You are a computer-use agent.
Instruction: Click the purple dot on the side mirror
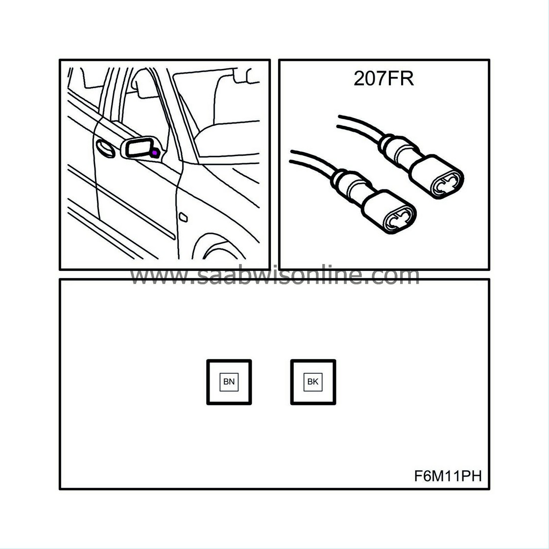click(155, 153)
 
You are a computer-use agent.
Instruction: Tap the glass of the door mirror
click(139, 147)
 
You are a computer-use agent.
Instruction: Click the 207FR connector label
click(383, 78)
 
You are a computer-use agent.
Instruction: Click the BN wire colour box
click(229, 382)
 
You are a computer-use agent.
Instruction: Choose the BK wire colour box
click(313, 382)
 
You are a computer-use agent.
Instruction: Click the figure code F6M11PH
click(448, 476)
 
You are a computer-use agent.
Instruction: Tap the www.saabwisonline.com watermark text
click(274, 277)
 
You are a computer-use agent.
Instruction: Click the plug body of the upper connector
click(431, 171)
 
